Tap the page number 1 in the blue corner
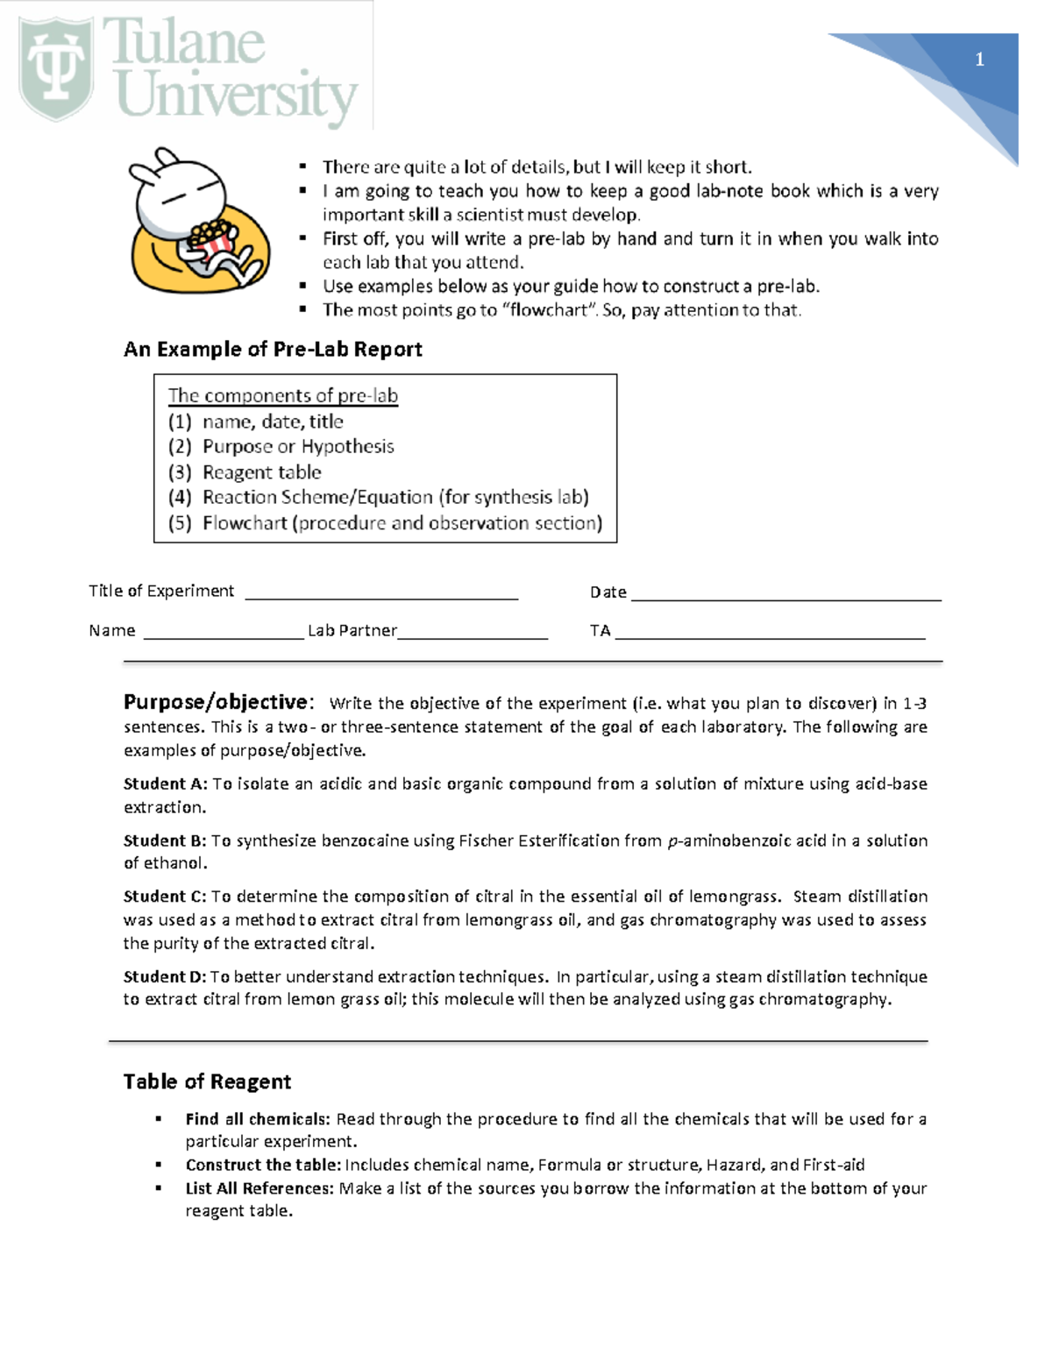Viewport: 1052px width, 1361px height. point(979,60)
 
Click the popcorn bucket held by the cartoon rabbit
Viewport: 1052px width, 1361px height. point(213,238)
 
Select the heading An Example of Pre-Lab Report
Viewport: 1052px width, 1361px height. point(273,350)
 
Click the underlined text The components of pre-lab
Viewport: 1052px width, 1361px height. point(282,395)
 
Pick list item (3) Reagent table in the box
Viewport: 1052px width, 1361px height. point(245,472)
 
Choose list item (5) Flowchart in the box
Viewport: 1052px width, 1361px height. point(385,523)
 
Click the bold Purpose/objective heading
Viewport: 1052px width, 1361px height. point(217,702)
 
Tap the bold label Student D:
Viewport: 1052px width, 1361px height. point(165,976)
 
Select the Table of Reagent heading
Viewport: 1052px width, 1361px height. point(207,1081)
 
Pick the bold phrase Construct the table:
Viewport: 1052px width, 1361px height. point(263,1165)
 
